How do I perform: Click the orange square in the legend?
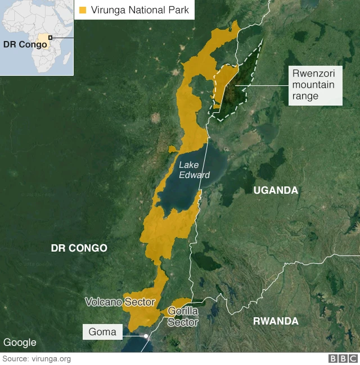click(83, 10)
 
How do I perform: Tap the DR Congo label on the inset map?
click(25, 44)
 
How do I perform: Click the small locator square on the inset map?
click(50, 38)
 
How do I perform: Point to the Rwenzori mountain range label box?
click(314, 86)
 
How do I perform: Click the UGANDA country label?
click(276, 191)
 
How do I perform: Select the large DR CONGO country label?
click(79, 248)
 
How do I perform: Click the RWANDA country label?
click(276, 321)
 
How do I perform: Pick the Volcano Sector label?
click(120, 302)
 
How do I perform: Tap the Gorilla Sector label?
click(183, 317)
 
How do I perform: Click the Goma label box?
click(102, 332)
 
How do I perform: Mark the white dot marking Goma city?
click(146, 336)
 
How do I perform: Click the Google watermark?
click(20, 343)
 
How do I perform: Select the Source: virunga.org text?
click(37, 359)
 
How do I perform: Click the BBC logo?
click(343, 359)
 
